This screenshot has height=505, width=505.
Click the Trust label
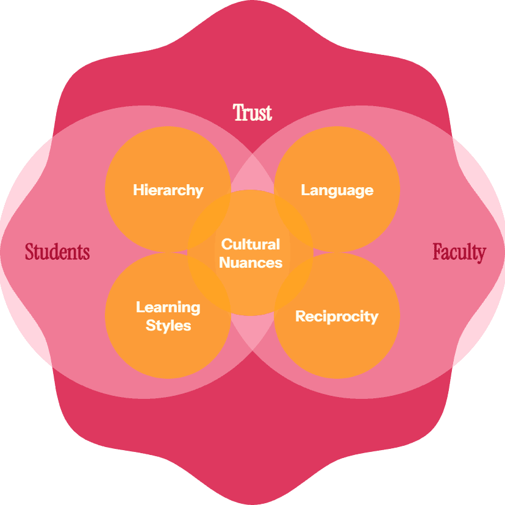pos(253,113)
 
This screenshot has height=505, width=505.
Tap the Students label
pos(57,252)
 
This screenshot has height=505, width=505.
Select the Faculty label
pos(459,252)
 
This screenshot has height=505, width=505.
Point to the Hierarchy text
pos(168,190)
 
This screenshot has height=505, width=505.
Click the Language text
pos(337,190)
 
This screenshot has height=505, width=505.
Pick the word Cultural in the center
pos(251,245)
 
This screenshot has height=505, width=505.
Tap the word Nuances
pos(251,263)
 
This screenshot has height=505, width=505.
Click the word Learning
pos(168,307)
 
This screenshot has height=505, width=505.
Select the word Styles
pos(168,325)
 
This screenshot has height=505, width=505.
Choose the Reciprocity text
pos(337,317)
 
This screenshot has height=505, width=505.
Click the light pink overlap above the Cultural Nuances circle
pos(252,177)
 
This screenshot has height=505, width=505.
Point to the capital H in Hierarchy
pos(137,190)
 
